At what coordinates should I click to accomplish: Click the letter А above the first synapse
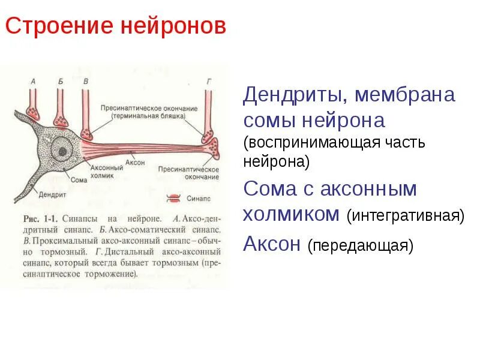(33, 80)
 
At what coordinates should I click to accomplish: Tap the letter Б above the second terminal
(60, 80)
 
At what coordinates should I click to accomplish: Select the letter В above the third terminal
(86, 80)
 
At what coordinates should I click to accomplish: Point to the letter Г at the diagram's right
(208, 80)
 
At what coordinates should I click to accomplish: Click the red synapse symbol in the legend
(173, 197)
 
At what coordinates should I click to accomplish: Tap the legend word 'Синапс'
(197, 197)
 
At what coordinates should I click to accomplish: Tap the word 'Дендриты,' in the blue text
(295, 95)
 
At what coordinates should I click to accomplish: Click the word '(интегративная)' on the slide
(405, 215)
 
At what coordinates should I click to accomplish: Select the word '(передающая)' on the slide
(360, 246)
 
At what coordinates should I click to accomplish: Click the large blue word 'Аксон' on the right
(272, 244)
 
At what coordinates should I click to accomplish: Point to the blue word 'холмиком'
(292, 214)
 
